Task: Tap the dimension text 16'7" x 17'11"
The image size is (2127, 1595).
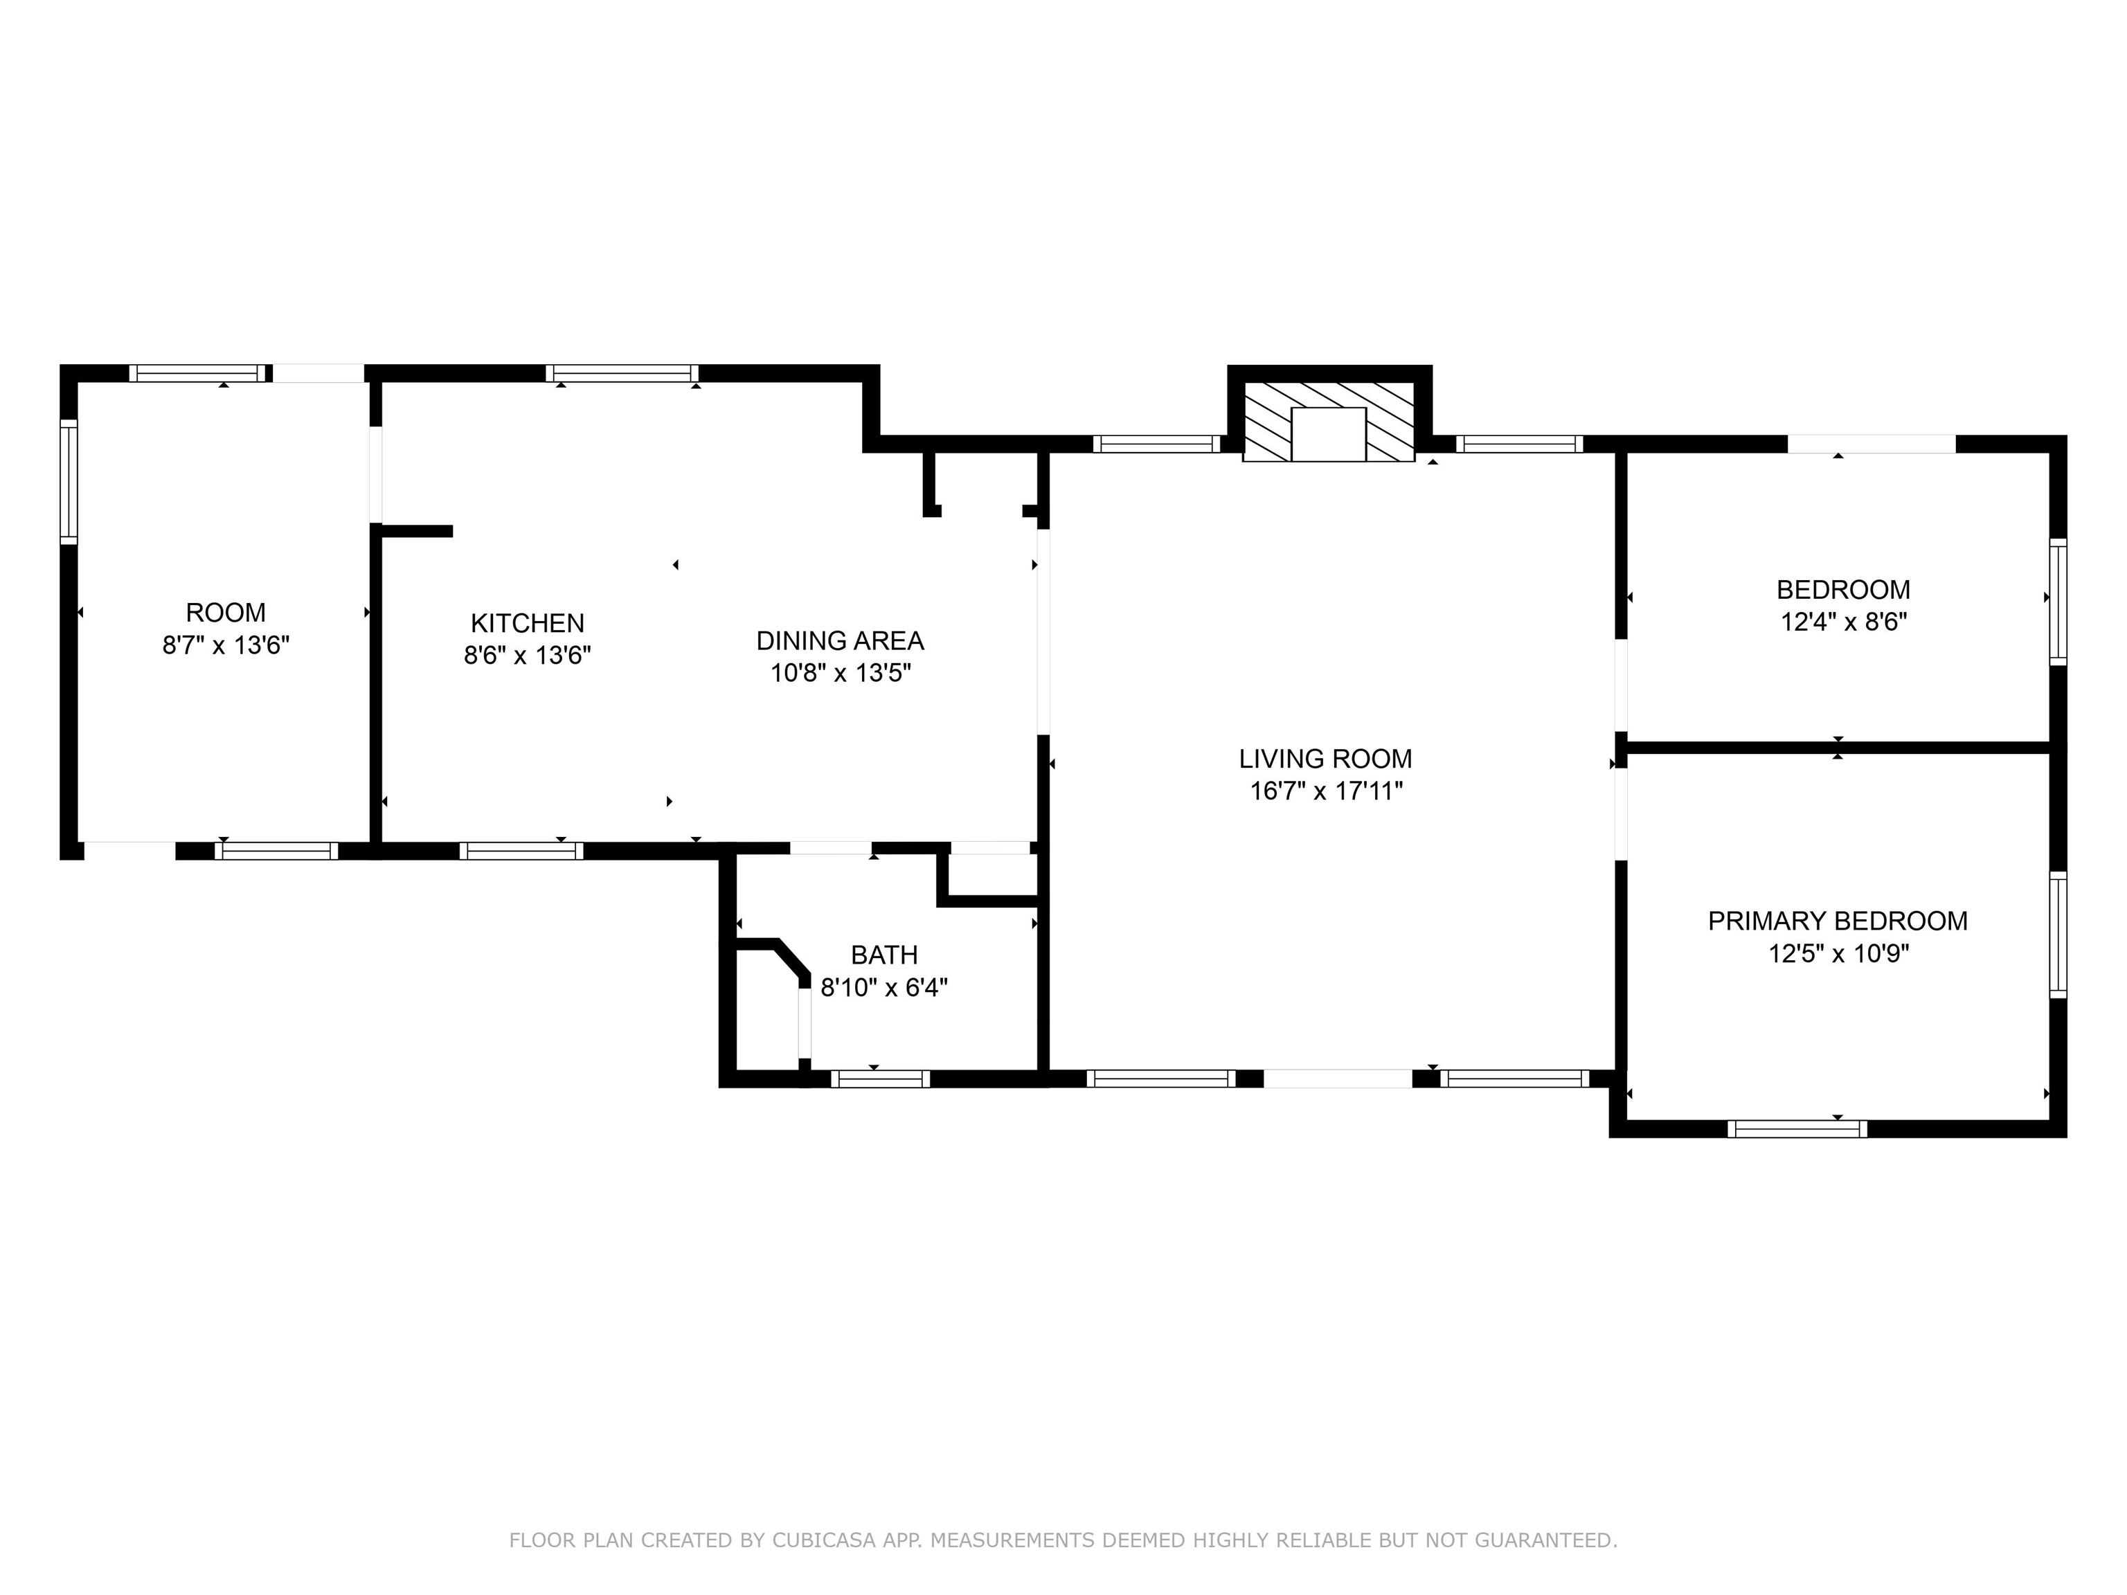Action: click(x=1325, y=791)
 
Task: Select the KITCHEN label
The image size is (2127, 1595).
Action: click(x=527, y=623)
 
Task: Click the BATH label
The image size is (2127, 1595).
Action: click(x=883, y=955)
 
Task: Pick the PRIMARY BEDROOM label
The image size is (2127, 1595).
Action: click(x=1837, y=921)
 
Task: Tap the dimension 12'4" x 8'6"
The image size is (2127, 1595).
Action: click(x=1843, y=622)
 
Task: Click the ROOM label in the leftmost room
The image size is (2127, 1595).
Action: click(x=225, y=613)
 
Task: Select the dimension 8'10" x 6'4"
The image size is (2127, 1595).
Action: click(x=883, y=987)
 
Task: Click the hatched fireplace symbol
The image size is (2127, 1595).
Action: click(x=1328, y=421)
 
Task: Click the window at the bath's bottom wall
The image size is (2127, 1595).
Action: click(x=880, y=1079)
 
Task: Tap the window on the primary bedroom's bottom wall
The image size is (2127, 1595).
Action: click(x=1796, y=1128)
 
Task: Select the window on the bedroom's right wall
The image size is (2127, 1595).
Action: click(x=2057, y=602)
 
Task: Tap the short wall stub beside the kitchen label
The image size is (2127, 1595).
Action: click(x=415, y=531)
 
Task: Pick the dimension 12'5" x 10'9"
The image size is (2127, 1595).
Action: click(x=1838, y=954)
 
